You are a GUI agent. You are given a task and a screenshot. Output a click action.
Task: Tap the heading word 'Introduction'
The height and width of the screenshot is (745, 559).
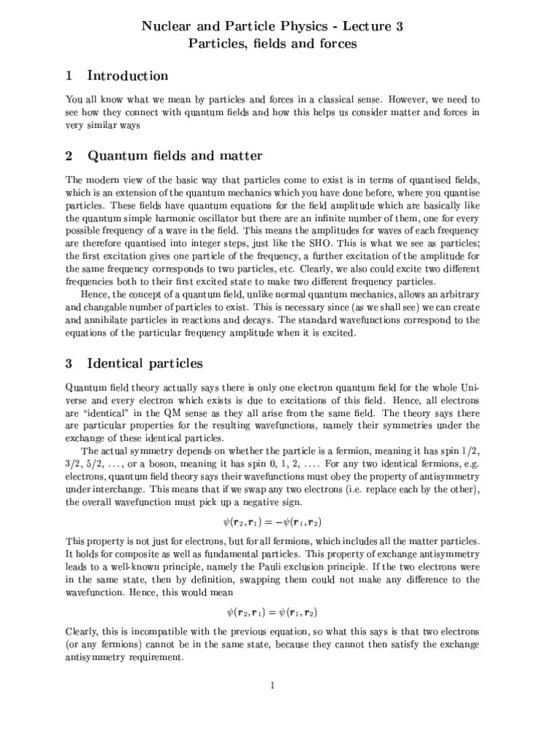coord(127,76)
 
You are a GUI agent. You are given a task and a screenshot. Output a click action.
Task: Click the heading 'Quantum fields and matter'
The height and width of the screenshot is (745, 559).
coord(175,156)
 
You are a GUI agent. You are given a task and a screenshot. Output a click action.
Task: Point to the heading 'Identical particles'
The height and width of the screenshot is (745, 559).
coord(145,362)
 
